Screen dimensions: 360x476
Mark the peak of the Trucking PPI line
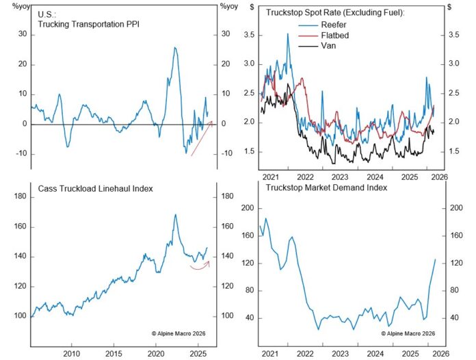point(176,48)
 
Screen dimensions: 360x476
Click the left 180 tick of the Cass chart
point(20,197)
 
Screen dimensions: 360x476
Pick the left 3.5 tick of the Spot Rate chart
point(249,34)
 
